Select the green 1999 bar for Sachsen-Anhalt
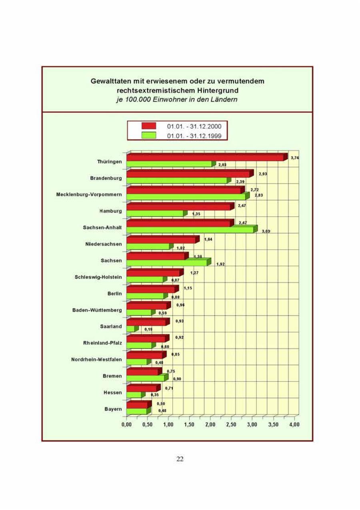tap(190, 230)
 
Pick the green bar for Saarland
tap(130, 329)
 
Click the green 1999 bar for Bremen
tap(145, 378)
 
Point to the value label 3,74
tap(295, 158)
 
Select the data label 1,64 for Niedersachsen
tap(208, 239)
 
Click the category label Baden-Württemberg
tap(97, 310)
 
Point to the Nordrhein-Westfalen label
tap(96, 359)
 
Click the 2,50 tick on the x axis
tap(231, 424)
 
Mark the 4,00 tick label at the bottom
tap(294, 424)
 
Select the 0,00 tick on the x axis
tap(127, 424)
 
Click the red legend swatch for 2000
tap(148, 126)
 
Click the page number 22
tap(180, 459)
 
